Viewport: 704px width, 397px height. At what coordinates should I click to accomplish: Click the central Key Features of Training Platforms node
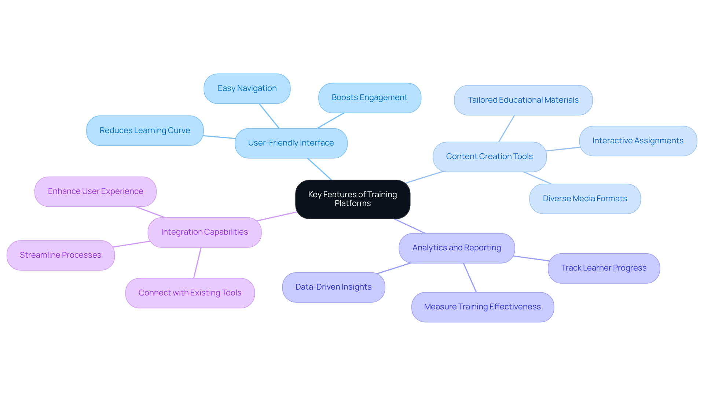pyautogui.click(x=352, y=199)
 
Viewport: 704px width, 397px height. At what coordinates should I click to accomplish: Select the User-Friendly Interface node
pyautogui.click(x=291, y=143)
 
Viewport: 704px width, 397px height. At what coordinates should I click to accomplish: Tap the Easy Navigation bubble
pyautogui.click(x=247, y=88)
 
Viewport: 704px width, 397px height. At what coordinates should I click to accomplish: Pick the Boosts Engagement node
pyautogui.click(x=369, y=98)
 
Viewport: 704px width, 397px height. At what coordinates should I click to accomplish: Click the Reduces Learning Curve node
pyautogui.click(x=144, y=131)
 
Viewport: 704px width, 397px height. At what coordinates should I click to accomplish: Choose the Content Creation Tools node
pyautogui.click(x=489, y=157)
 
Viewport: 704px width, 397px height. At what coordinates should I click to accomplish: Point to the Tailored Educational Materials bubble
pyautogui.click(x=523, y=100)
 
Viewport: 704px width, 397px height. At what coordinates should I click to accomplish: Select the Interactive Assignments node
pyautogui.click(x=638, y=141)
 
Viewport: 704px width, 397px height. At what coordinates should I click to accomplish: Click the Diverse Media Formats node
pyautogui.click(x=584, y=199)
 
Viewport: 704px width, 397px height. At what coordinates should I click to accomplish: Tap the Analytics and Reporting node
pyautogui.click(x=456, y=248)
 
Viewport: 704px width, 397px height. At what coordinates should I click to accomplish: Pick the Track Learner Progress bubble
pyautogui.click(x=604, y=268)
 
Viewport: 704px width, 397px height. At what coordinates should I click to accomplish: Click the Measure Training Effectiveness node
pyautogui.click(x=482, y=307)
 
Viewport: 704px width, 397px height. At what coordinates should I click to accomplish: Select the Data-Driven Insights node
pyautogui.click(x=333, y=287)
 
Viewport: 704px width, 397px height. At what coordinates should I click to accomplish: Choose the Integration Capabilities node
pyautogui.click(x=204, y=232)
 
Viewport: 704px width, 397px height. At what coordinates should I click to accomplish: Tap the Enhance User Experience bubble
pyautogui.click(x=95, y=191)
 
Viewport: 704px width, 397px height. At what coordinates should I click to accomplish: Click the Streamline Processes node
pyautogui.click(x=60, y=255)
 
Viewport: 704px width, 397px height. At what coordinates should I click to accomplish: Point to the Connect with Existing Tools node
pyautogui.click(x=190, y=293)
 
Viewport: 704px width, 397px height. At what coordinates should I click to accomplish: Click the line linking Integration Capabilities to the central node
pyautogui.click(x=277, y=216)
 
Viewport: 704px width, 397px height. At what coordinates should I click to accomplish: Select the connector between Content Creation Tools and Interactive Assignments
pyautogui.click(x=563, y=149)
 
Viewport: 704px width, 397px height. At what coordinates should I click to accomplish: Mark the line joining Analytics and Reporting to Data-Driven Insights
pyautogui.click(x=394, y=268)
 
